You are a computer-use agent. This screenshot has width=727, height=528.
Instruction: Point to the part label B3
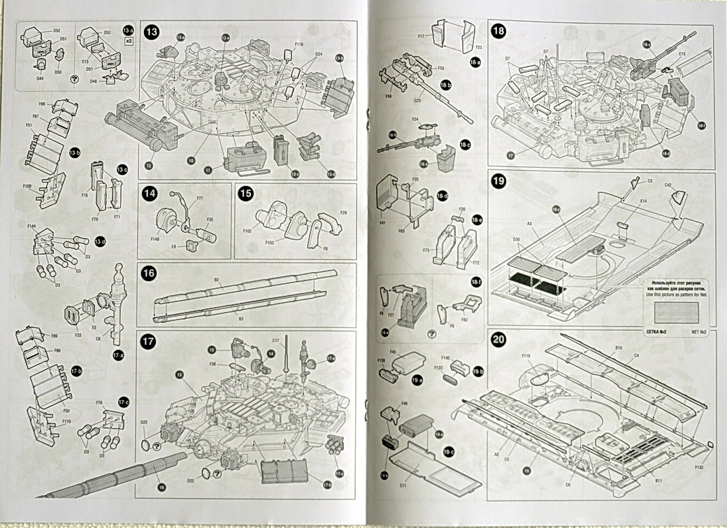(x=240, y=319)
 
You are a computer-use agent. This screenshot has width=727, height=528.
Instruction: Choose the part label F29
(x=343, y=212)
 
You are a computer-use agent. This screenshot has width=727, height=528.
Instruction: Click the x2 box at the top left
(x=129, y=41)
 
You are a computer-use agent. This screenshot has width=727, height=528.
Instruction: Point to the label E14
(x=621, y=200)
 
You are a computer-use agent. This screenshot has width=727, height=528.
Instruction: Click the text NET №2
(x=701, y=333)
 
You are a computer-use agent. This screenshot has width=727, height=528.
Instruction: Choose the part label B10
(x=619, y=347)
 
